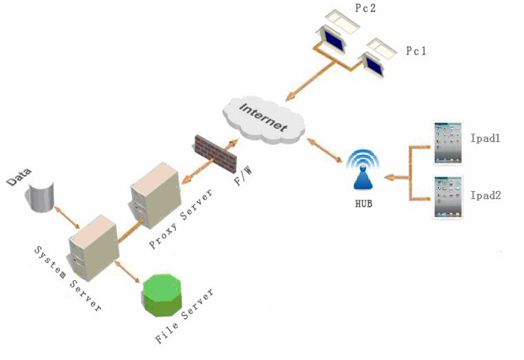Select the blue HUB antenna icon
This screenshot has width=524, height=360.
pos(362,173)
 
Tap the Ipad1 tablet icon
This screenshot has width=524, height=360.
pos(447,142)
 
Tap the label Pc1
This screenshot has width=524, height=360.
pos(416,51)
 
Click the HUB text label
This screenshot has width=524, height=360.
pos(363,203)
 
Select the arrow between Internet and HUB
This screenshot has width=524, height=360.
pos(325,151)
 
